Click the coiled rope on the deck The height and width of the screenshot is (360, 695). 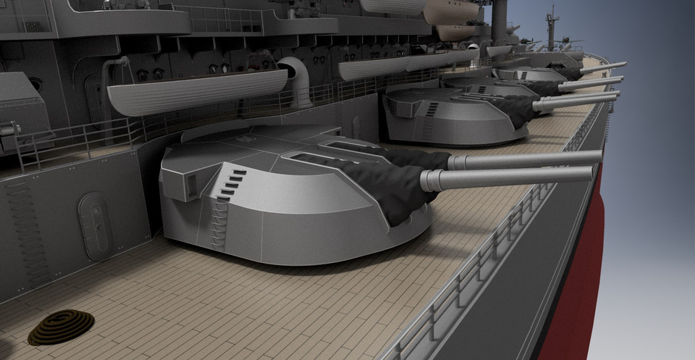point(62,327)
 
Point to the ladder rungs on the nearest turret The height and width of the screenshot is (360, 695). point(216,217)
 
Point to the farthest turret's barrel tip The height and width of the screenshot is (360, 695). point(623,64)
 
